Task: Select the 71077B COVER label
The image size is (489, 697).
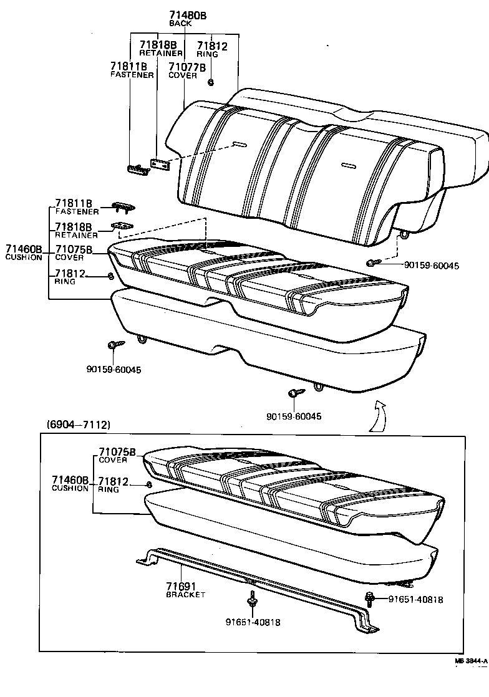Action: tap(183, 69)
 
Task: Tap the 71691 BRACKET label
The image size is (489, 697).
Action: tap(182, 589)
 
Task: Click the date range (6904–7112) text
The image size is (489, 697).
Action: tap(79, 425)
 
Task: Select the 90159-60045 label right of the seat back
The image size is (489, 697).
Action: tap(431, 266)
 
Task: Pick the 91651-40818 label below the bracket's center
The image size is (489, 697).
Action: tap(253, 622)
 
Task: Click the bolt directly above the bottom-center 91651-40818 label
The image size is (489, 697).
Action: tap(253, 602)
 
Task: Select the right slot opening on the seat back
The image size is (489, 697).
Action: tap(349, 166)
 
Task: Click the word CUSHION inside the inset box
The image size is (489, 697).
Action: tap(70, 488)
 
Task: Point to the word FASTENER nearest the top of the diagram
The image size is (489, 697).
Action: tap(132, 75)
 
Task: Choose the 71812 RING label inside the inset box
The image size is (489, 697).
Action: tap(113, 485)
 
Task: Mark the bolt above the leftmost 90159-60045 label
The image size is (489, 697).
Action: tap(113, 345)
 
